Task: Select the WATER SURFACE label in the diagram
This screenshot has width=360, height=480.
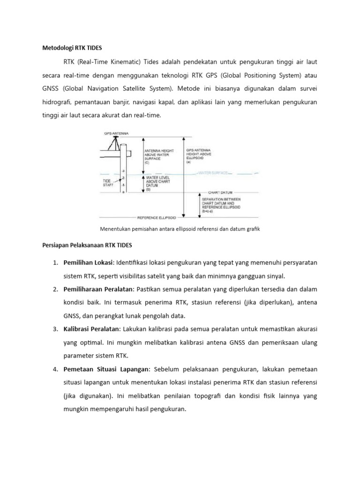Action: [x=213, y=173]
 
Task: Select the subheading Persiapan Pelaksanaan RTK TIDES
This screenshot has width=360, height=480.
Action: [x=87, y=245]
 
